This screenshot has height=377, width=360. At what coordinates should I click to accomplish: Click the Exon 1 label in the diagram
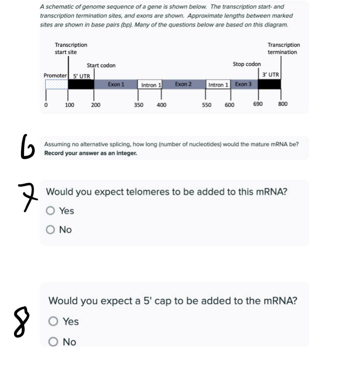(x=116, y=84)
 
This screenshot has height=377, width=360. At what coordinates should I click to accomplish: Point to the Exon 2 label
(x=183, y=84)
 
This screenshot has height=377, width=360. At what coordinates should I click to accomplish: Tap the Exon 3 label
(x=243, y=84)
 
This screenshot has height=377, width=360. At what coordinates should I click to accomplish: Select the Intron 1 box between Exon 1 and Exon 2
(x=150, y=84)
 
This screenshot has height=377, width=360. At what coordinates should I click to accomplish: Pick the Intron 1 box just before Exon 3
(x=218, y=84)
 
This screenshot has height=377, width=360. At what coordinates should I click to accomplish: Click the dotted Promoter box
(x=57, y=84)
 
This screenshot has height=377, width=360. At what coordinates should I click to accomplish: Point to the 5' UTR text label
(x=82, y=76)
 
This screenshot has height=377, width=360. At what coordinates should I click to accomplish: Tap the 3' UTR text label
(x=271, y=75)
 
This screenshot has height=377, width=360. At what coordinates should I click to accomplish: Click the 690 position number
(x=258, y=104)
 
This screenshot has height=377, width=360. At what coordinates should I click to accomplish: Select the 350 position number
(x=139, y=105)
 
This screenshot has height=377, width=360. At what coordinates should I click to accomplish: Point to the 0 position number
(x=46, y=105)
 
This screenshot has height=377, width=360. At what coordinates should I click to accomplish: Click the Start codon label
(x=101, y=66)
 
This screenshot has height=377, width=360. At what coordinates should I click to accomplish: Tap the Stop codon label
(x=247, y=64)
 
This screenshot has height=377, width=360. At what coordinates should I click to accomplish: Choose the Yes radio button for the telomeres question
(x=50, y=211)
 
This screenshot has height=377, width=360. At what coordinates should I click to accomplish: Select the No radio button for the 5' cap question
(x=53, y=342)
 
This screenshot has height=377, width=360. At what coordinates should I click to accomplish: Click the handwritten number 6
(x=27, y=147)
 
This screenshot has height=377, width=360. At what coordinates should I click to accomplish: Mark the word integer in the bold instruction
(x=126, y=153)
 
